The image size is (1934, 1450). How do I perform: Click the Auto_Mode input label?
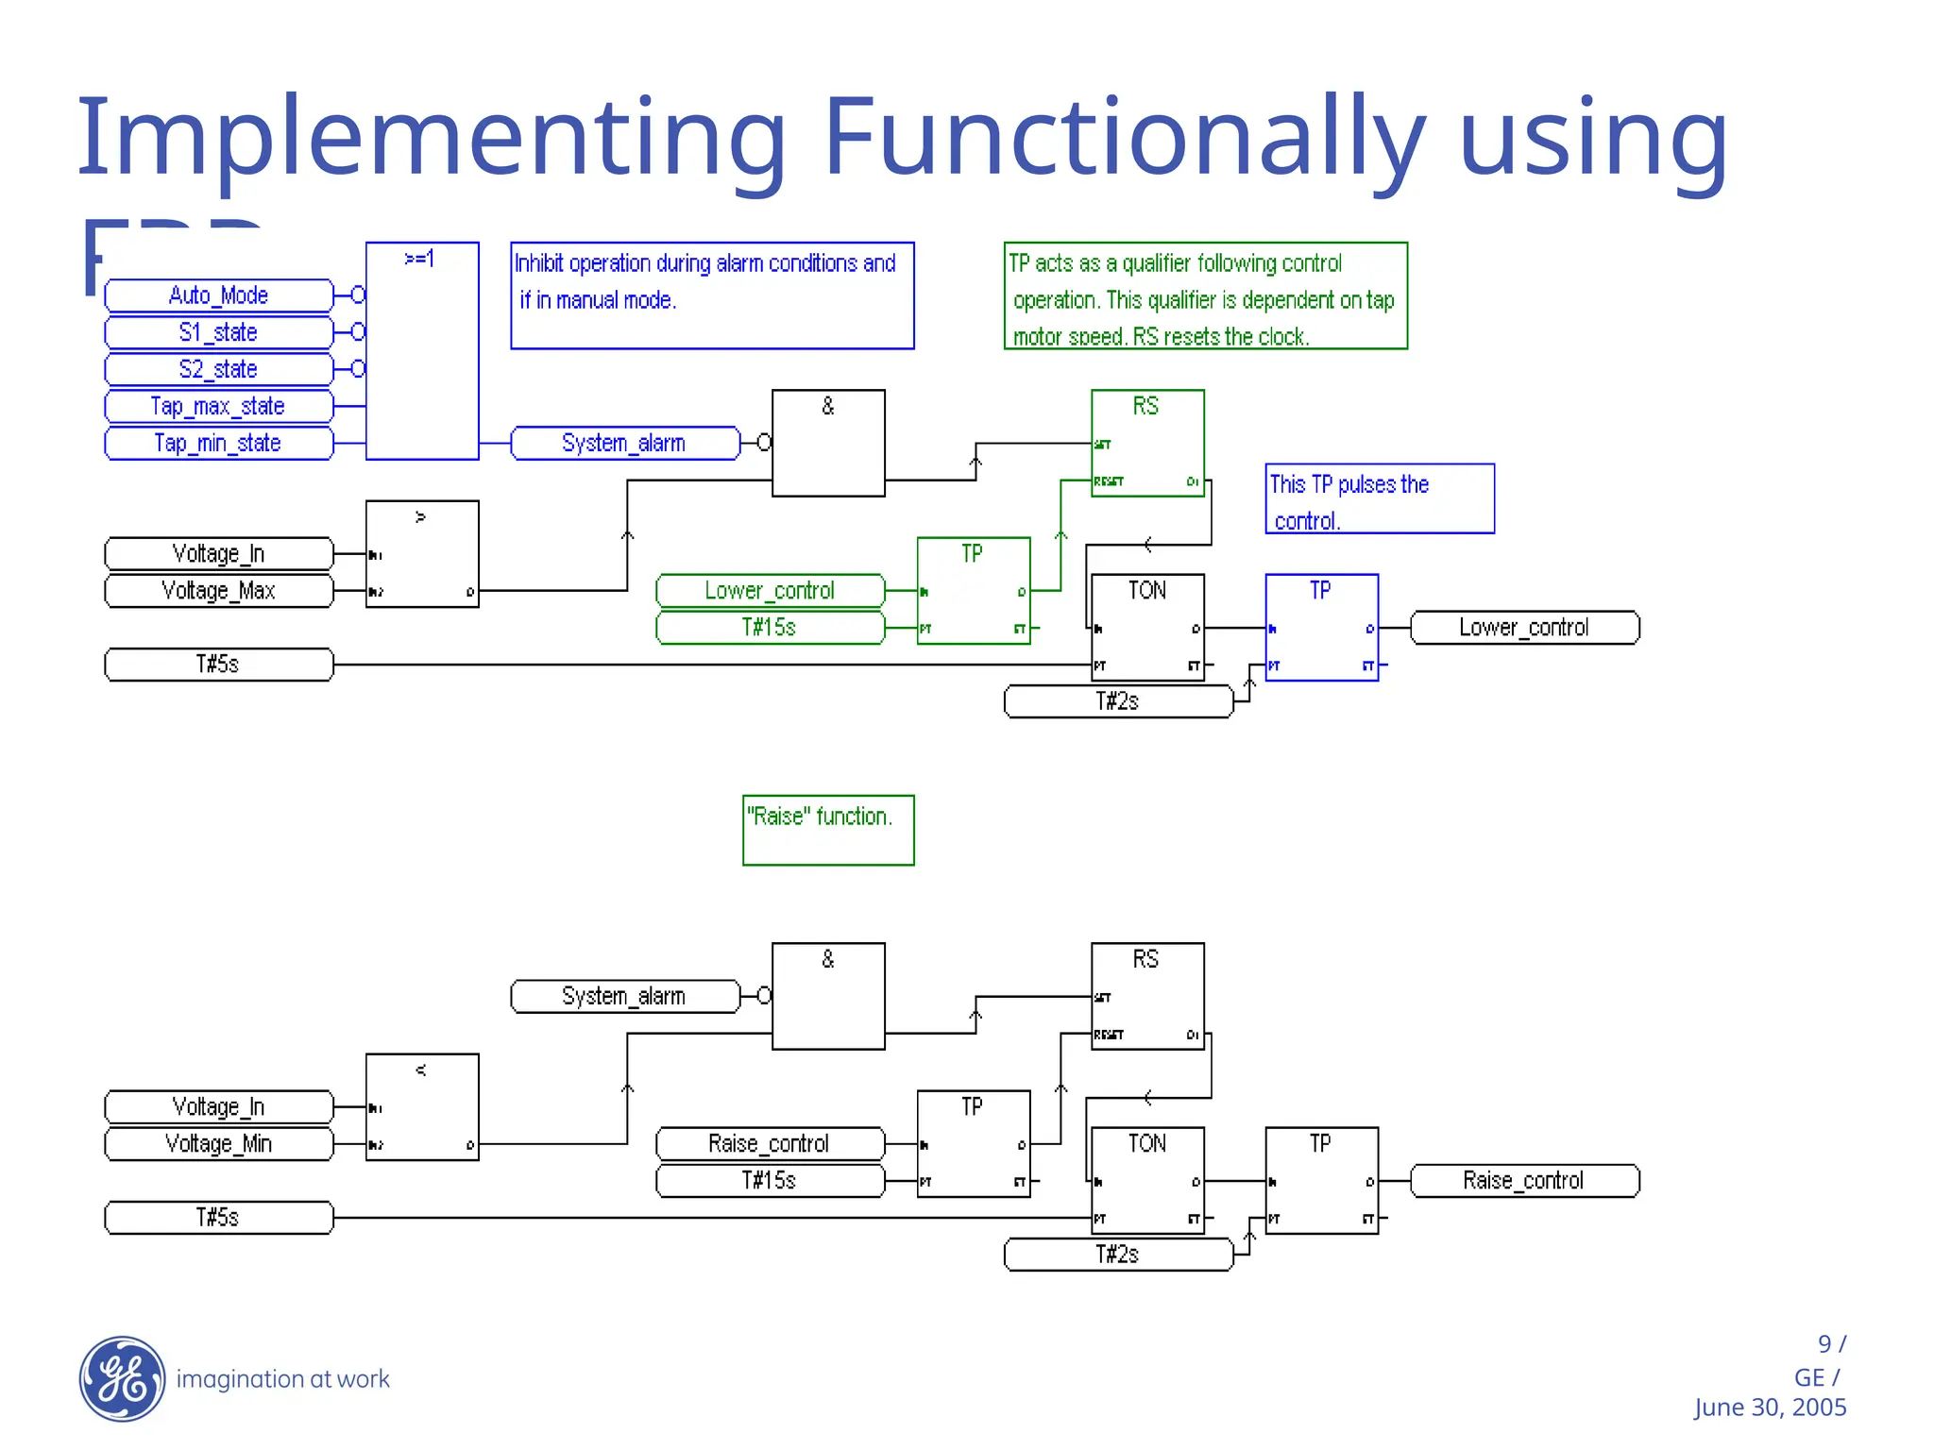218,295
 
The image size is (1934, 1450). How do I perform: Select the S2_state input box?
218,369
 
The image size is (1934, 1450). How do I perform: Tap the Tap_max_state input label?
218,406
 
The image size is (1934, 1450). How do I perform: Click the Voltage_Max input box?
218,591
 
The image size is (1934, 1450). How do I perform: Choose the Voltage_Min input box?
218,1144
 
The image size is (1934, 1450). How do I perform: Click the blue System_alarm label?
624,443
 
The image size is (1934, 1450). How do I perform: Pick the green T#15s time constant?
770,628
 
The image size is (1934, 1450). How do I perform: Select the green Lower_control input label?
770,591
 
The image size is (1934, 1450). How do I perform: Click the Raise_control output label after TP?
1524,1181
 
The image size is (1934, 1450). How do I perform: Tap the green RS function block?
1147,443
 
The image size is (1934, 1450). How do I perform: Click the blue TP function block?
1321,628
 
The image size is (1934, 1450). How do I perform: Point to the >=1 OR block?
422,350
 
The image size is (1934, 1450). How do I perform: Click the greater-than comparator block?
422,554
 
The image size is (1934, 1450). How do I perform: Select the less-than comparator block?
422,1107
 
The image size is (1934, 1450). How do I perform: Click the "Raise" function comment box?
828,830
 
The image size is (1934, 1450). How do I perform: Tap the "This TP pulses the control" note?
1379,498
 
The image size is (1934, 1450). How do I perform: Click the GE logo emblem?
122,1379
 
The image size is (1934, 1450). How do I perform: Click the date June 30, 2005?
1770,1408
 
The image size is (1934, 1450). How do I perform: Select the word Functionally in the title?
1124,137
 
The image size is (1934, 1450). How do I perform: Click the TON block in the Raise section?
1147,1181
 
